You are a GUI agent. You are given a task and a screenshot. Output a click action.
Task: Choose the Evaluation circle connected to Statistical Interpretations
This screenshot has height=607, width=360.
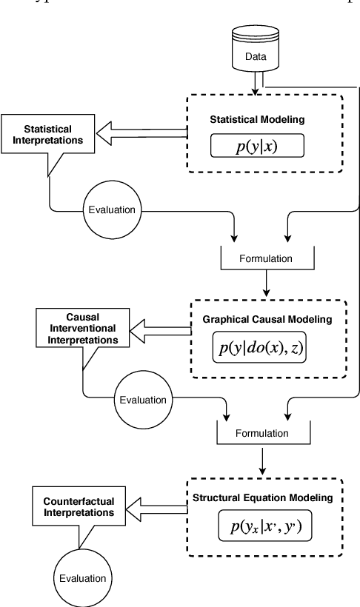112,209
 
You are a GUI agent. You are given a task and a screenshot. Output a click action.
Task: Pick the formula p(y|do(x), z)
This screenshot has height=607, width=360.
259,348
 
